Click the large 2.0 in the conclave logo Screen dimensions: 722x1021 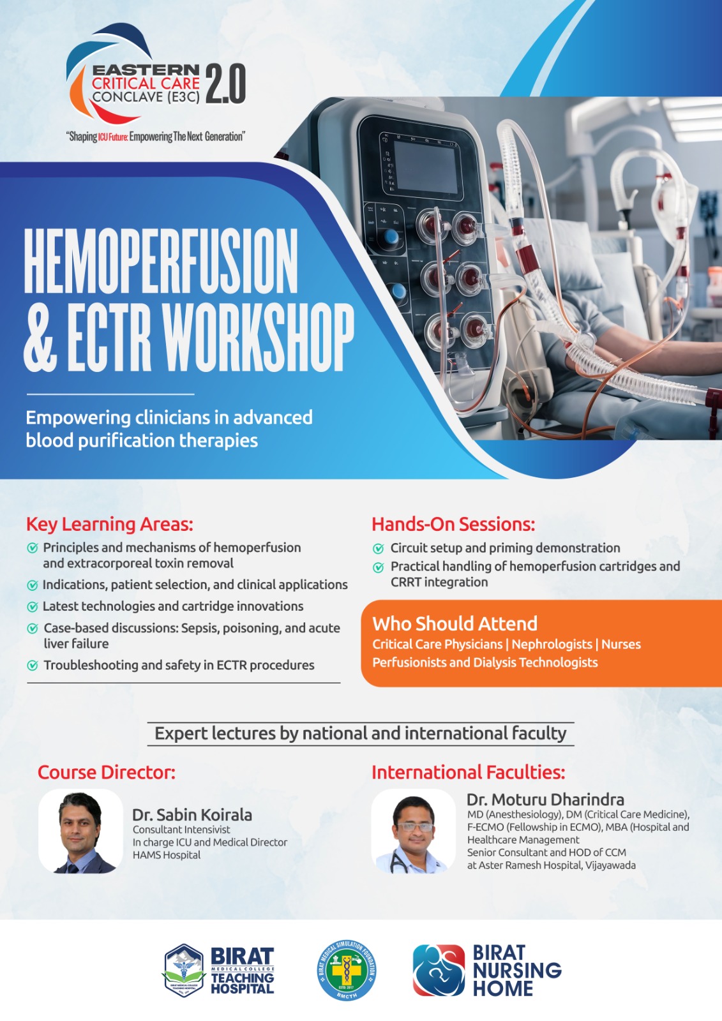[226, 84]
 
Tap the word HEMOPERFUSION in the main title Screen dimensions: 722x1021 [160, 261]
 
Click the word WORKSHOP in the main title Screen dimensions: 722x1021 [258, 338]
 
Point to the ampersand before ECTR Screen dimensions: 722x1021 [40, 338]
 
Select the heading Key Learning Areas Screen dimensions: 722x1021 [109, 524]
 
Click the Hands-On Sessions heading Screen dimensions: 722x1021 [453, 524]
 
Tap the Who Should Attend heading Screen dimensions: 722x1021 [455, 623]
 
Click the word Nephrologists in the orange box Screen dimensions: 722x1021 [552, 644]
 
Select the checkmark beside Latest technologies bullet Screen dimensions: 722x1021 [33, 607]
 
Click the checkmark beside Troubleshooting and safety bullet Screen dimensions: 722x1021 [33, 666]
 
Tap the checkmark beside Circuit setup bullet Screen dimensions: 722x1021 [379, 548]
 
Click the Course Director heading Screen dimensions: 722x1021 [106, 773]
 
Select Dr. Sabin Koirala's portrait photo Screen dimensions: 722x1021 [80, 831]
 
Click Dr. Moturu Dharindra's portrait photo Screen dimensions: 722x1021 [414, 831]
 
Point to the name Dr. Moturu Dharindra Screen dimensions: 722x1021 [545, 800]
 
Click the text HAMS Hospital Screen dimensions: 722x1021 [167, 855]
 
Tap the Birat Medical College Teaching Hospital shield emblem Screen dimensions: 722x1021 [184, 971]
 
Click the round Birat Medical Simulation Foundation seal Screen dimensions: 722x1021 [347, 970]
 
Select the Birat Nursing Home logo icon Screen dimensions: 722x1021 [439, 970]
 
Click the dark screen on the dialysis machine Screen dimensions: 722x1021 [426, 167]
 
